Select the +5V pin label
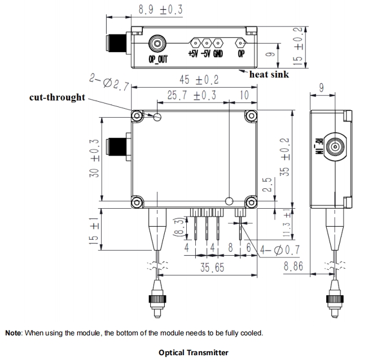pos(194,55)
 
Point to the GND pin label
pos(218,55)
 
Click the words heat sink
pos(269,74)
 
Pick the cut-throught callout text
pos(57,97)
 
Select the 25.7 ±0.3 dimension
pos(192,95)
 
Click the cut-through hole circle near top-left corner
pos(157,117)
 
